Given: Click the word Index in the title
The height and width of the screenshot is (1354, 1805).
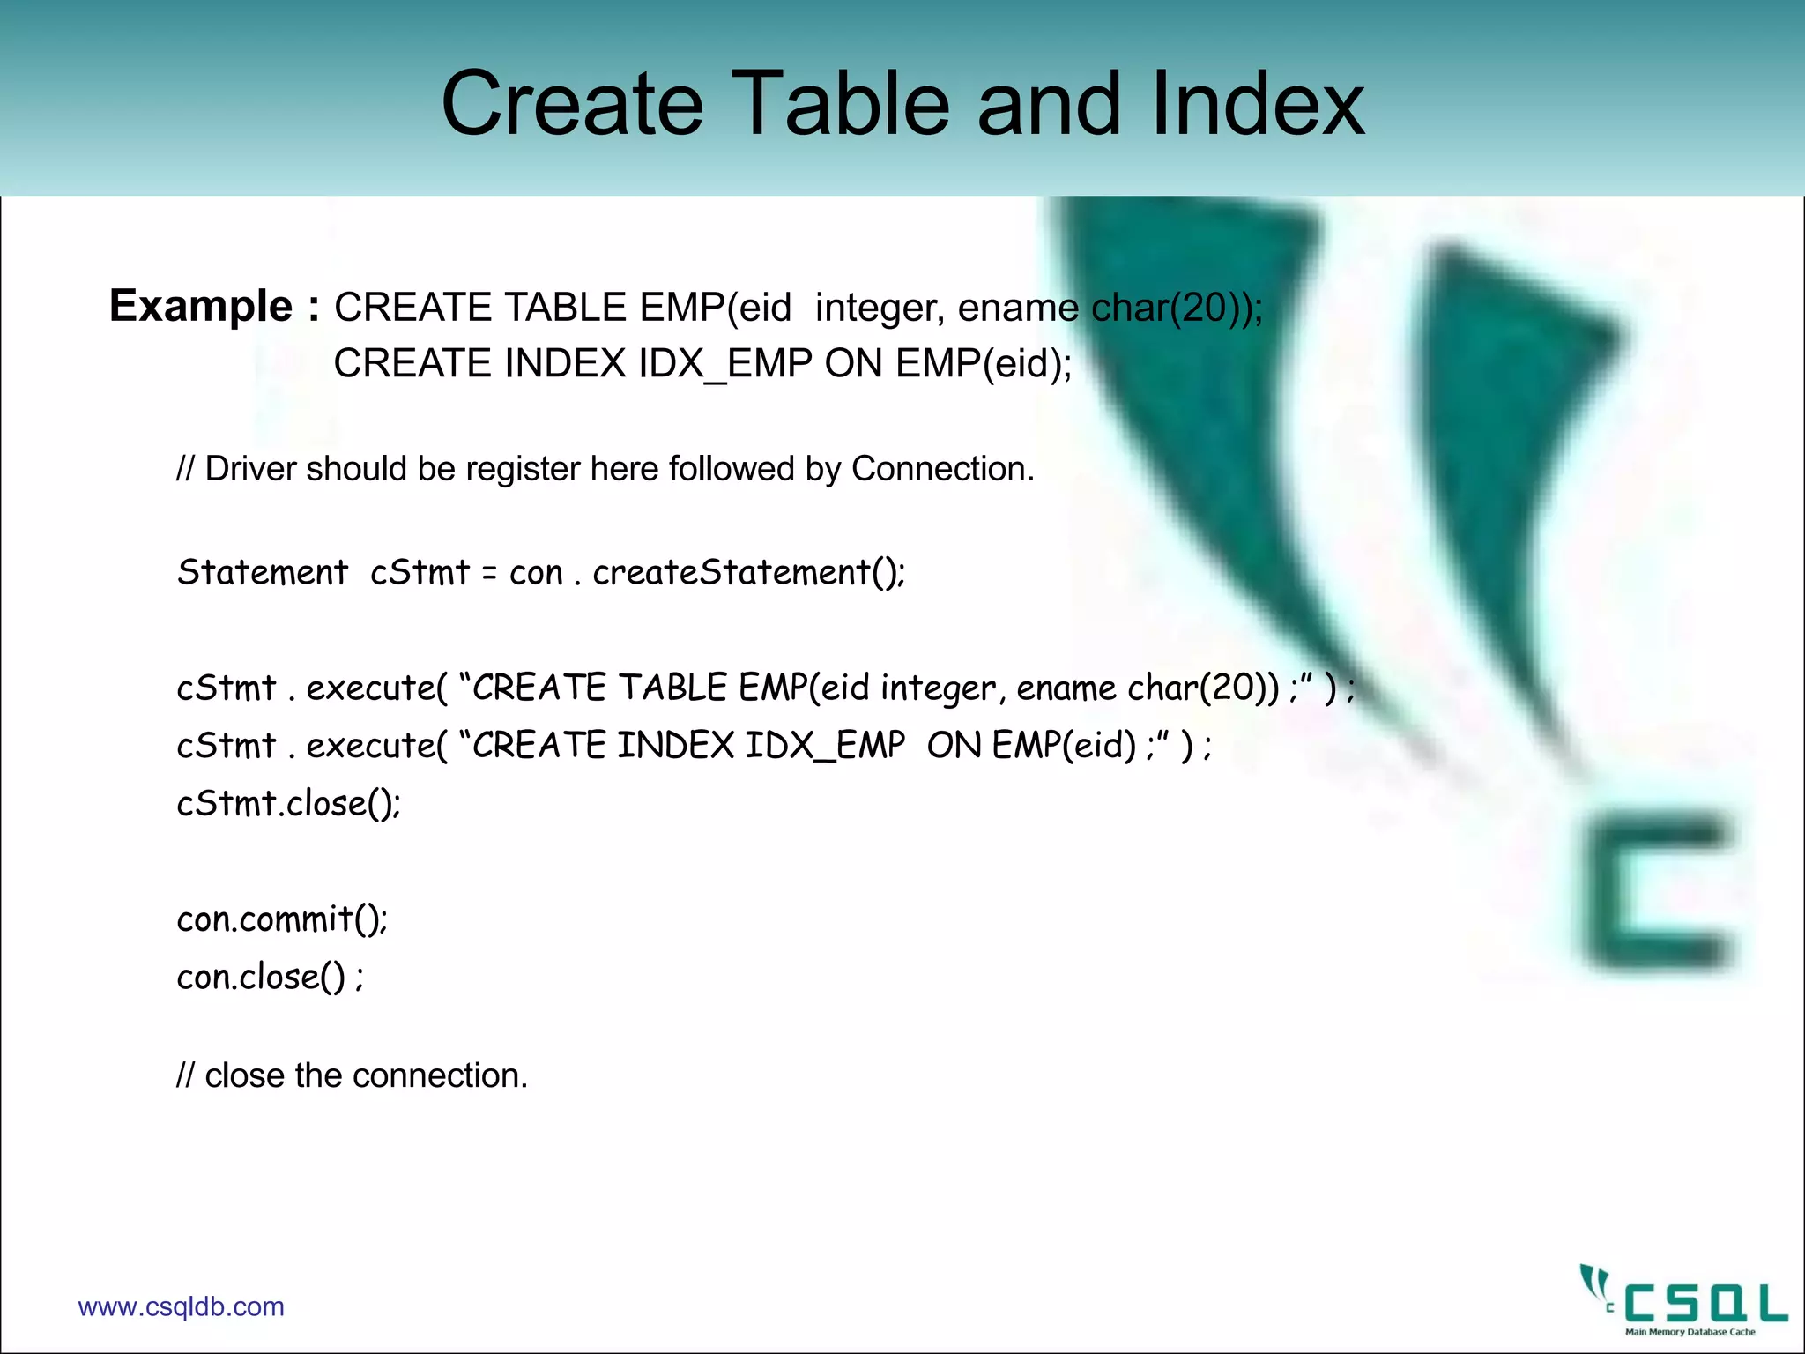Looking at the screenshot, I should coord(1258,104).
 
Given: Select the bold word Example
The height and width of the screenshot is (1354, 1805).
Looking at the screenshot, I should coord(200,307).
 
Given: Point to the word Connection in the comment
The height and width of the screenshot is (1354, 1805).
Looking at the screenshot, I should coord(941,469).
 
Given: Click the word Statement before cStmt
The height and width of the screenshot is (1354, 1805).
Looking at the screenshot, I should coord(263,573).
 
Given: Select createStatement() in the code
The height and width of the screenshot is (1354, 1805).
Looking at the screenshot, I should coord(748,573).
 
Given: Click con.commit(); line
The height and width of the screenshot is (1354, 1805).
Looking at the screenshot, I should coord(282,919).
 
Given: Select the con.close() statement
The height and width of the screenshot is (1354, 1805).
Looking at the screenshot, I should coord(270,977).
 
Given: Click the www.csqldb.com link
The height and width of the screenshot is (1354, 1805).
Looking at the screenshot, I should coord(182,1306).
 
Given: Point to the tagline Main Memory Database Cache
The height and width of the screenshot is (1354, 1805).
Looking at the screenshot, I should coord(1690,1332).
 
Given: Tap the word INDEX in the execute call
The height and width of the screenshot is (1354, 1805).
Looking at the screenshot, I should coord(675,746).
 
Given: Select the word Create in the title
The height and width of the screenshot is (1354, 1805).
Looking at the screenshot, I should coord(572,104).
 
